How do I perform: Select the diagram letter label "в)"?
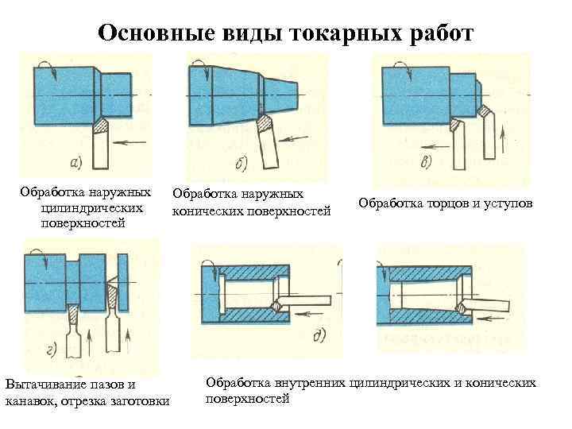click(427, 162)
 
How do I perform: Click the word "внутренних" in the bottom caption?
click(307, 383)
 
